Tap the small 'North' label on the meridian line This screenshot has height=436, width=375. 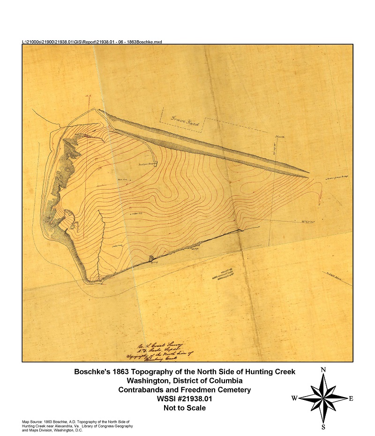[x=280, y=137]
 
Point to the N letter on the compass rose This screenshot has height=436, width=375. [x=323, y=370]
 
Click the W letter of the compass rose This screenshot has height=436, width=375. [x=294, y=398]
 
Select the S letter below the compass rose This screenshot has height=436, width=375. [x=323, y=427]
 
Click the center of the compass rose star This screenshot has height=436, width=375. [x=323, y=398]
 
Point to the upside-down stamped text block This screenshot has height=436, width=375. [x=223, y=275]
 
